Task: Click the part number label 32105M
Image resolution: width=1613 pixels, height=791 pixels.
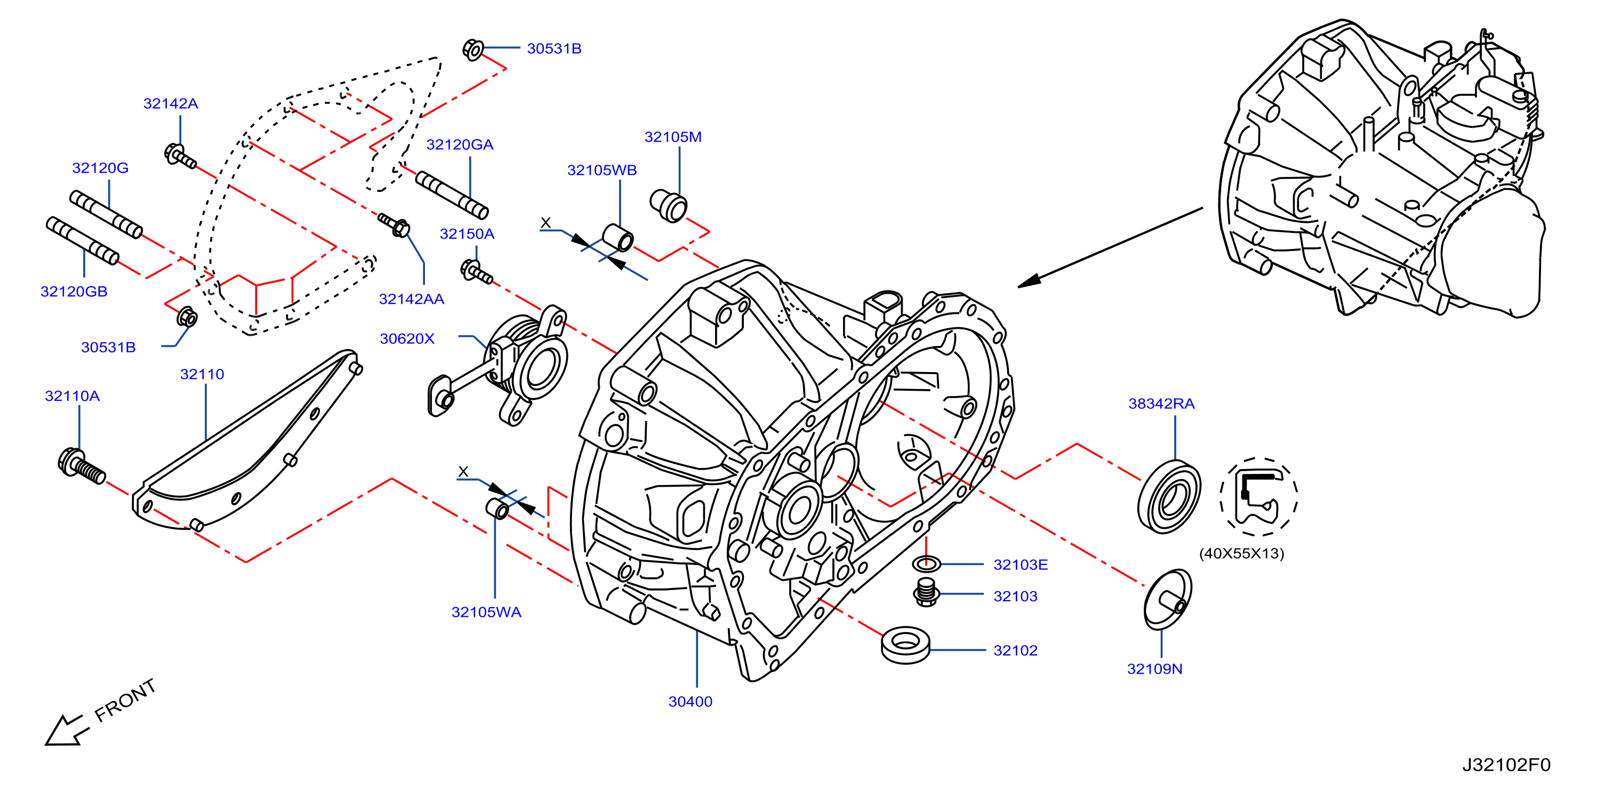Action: click(672, 137)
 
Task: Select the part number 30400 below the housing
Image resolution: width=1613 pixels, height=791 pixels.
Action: click(690, 701)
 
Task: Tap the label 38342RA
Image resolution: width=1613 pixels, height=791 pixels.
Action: click(1161, 403)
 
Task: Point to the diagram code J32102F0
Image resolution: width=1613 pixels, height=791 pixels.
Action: click(1506, 765)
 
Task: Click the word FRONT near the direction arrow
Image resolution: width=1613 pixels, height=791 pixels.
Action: click(125, 700)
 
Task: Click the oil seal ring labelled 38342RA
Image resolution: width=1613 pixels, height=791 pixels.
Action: click(1169, 497)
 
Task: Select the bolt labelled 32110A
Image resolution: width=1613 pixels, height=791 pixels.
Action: click(82, 465)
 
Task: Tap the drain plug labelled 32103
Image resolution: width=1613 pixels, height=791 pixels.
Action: click(927, 592)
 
